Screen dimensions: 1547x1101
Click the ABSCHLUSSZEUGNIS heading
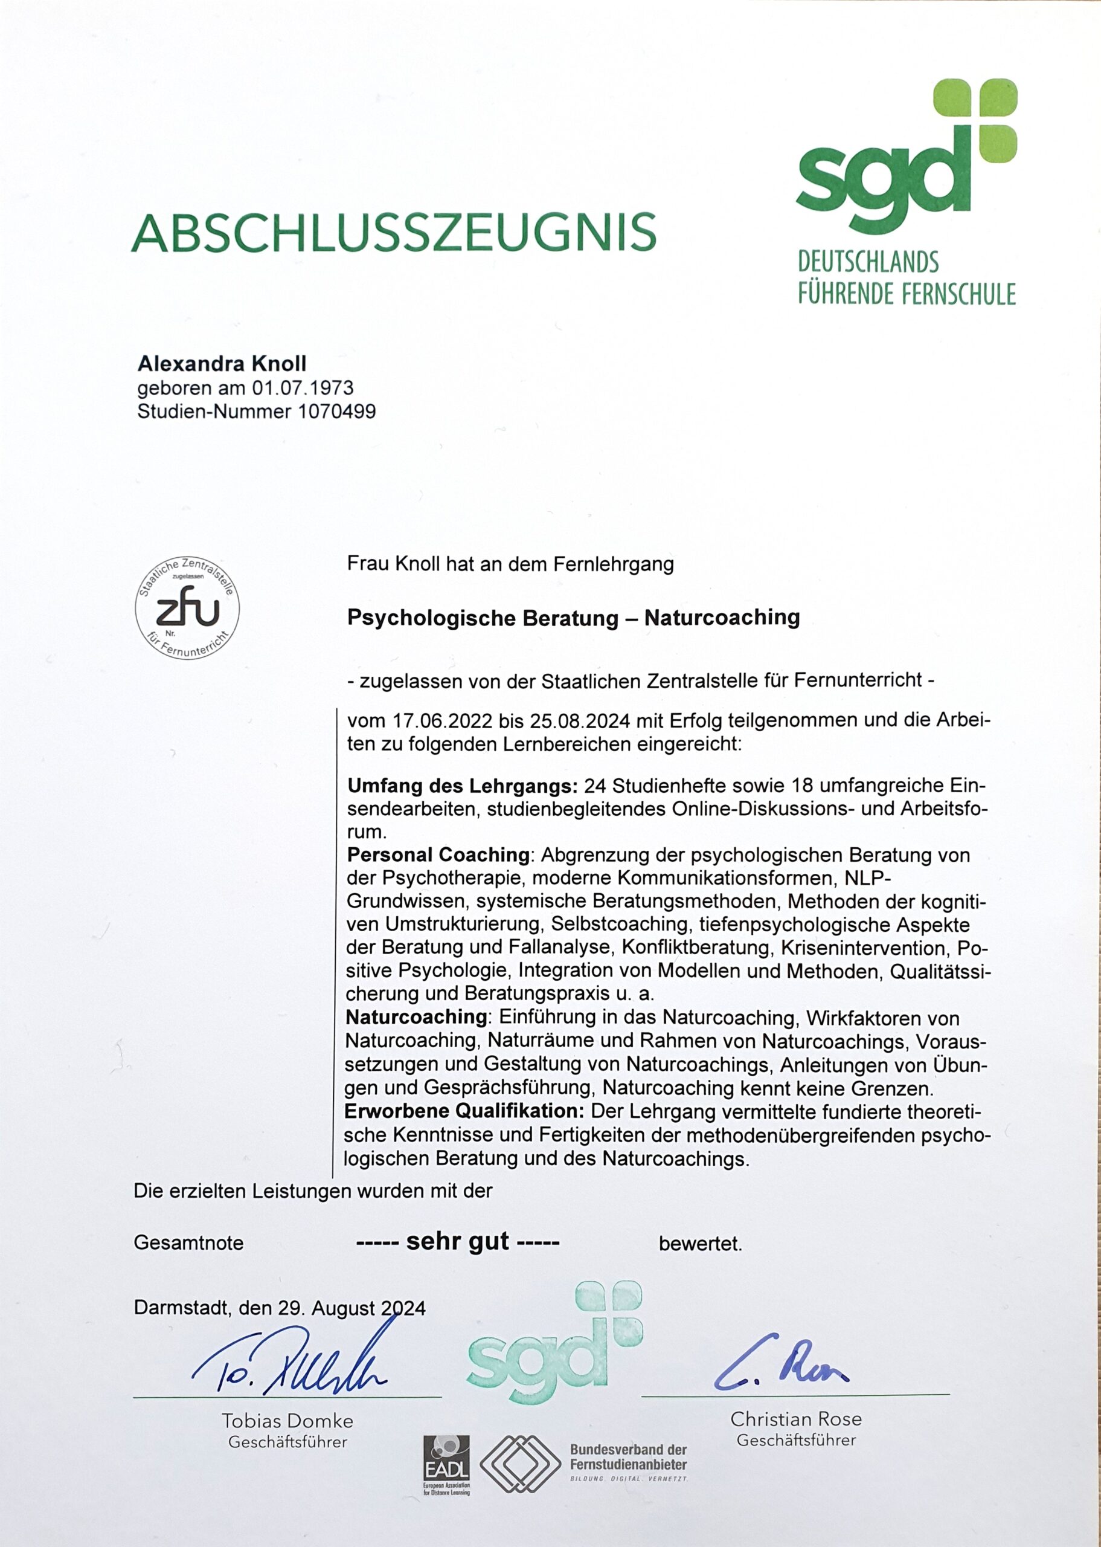click(393, 232)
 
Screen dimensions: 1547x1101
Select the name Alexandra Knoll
click(222, 364)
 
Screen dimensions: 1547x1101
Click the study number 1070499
click(336, 411)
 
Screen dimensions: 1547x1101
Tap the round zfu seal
click(187, 609)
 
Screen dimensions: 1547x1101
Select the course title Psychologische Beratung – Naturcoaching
click(573, 617)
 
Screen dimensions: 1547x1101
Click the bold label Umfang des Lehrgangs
click(461, 786)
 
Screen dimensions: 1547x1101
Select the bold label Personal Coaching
click(438, 855)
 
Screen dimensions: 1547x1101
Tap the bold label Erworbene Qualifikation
click(464, 1111)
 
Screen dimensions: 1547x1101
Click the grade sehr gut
click(458, 1242)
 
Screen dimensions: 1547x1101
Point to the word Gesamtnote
click(188, 1242)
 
